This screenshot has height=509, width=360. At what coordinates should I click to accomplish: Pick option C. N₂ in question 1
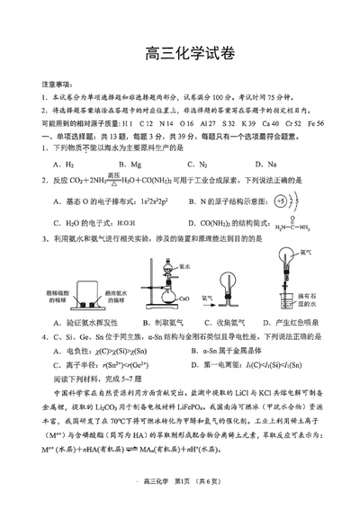196,165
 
